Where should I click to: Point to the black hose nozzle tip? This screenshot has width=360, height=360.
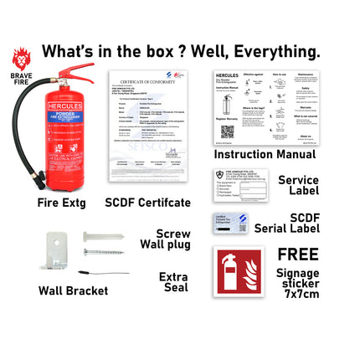pos(39,179)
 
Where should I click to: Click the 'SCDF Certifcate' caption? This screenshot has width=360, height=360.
pos(147,202)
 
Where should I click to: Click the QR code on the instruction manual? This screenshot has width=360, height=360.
pos(227,131)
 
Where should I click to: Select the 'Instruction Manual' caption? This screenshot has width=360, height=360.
pos(265,155)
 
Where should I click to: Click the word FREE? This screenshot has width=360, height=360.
pos(298,254)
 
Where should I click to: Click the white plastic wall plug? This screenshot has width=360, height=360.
pos(101,238)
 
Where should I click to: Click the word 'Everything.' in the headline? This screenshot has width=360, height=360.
pos(276,52)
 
